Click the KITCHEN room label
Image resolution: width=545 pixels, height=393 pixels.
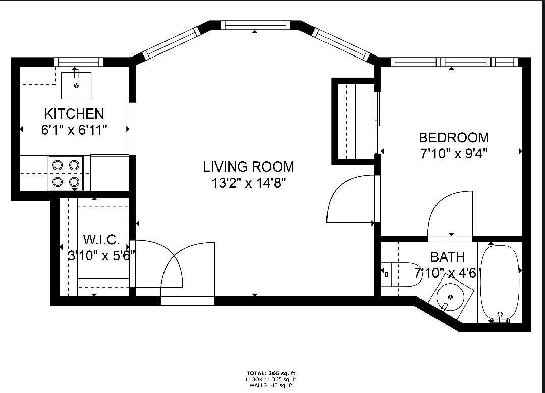[74, 114]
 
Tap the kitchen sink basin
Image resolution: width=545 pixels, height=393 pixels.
[76, 85]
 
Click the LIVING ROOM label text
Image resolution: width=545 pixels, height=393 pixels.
[248, 166]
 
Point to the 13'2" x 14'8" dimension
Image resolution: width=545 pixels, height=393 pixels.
[248, 183]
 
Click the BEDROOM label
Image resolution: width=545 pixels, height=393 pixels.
[454, 138]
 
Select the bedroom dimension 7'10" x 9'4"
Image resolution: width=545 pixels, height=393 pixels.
[454, 153]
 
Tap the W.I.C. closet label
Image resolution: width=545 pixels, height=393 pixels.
[101, 240]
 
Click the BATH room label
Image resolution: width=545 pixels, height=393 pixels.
[447, 257]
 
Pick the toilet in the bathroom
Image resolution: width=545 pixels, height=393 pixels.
[402, 274]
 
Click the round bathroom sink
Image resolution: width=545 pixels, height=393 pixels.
[451, 298]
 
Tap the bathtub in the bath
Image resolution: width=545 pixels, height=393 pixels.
[500, 283]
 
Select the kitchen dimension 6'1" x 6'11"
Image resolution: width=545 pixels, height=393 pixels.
[74, 130]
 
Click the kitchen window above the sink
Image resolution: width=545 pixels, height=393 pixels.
[79, 62]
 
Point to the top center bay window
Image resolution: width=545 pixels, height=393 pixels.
[255, 25]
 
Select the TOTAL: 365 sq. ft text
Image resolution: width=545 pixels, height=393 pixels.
[271, 374]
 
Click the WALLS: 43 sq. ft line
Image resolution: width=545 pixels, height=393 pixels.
[271, 385]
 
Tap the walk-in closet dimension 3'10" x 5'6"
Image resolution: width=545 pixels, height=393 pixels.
[101, 256]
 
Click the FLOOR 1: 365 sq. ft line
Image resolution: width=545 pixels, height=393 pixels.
[271, 380]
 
